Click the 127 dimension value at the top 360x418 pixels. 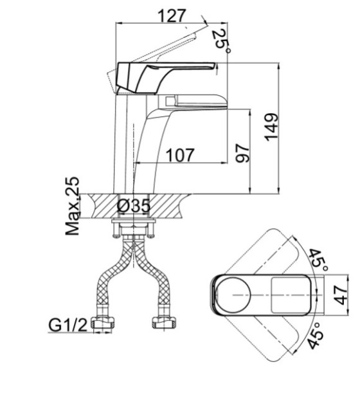pos(172,15)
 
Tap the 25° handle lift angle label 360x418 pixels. pos(221,41)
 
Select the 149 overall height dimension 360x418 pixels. pos(271,127)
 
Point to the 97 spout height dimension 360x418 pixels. pos(242,153)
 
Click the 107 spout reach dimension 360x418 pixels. pos(180,155)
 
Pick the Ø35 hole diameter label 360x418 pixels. pos(134,206)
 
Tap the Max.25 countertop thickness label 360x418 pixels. pos(73,206)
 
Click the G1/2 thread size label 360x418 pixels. pos(67,325)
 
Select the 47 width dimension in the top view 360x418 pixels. pos(341,295)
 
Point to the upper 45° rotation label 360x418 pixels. pos(318,260)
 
